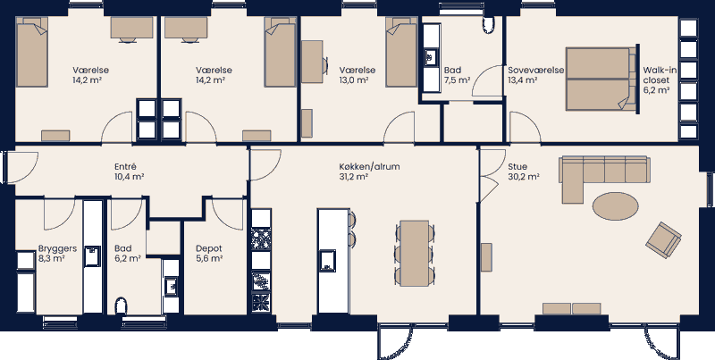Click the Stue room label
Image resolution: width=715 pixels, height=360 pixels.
click(x=517, y=166)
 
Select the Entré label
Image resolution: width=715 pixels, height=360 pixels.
click(x=124, y=166)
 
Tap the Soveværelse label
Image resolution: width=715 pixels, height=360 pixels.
click(x=534, y=70)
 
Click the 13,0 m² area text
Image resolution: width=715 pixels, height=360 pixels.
click(x=357, y=80)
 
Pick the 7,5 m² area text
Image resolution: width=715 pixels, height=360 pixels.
click(x=456, y=80)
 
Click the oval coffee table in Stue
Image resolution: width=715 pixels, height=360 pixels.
click(x=616, y=206)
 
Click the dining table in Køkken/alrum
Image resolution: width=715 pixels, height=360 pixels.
click(x=415, y=252)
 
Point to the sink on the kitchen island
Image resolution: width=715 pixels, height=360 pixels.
click(x=328, y=260)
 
